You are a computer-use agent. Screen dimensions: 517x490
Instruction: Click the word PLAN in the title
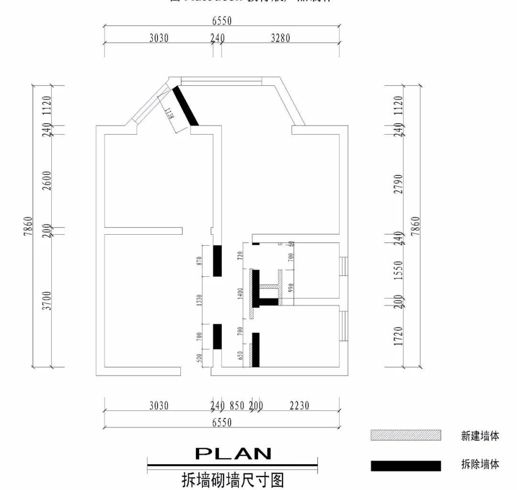[233, 453]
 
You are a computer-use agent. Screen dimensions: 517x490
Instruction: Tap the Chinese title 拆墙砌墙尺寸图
[233, 479]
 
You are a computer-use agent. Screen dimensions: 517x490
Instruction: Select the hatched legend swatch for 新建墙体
[405, 435]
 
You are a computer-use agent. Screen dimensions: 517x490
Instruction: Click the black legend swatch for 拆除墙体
[405, 466]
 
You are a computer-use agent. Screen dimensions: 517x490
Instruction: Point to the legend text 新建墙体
[480, 436]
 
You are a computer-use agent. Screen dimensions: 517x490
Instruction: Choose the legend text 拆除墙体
[480, 464]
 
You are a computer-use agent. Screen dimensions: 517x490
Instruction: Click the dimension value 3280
[281, 38]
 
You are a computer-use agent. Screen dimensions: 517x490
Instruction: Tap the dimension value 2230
[299, 406]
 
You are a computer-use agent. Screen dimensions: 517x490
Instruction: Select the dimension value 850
[237, 406]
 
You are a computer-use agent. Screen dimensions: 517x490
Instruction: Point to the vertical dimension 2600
[47, 181]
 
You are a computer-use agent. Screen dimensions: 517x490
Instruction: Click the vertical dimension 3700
[47, 301]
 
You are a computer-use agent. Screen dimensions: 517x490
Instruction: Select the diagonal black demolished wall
[185, 106]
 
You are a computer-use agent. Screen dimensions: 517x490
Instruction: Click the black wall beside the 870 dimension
[217, 261]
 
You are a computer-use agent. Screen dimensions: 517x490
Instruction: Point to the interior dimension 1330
[199, 300]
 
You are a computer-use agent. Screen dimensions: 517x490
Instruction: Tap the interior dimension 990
[290, 288]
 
